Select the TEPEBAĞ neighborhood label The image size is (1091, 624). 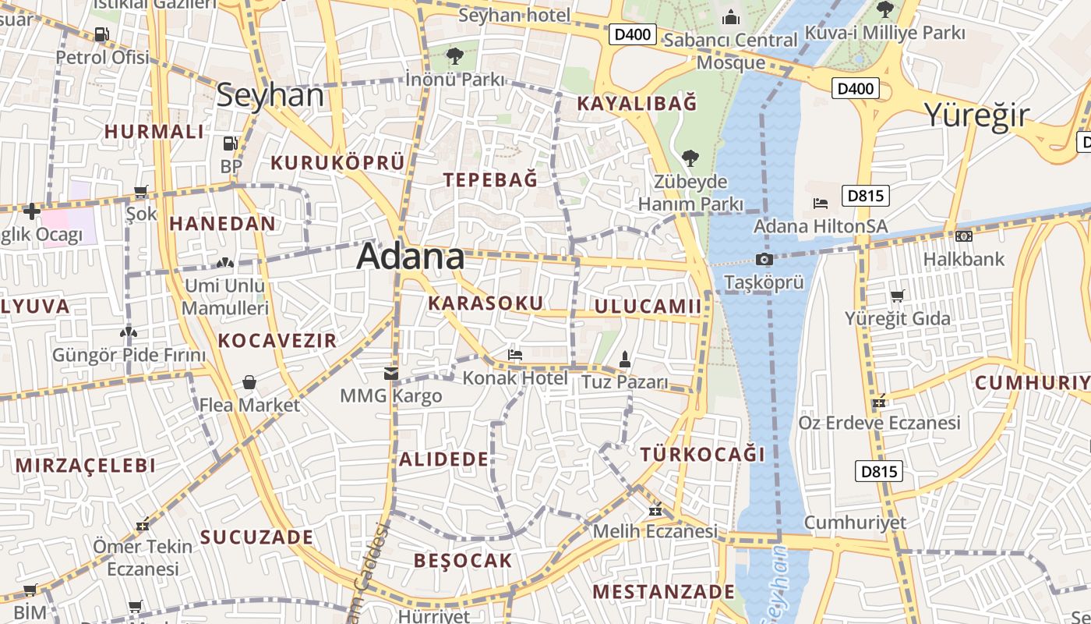tap(490, 179)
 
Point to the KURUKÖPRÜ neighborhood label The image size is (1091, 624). tap(337, 162)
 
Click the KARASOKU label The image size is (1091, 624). tap(485, 303)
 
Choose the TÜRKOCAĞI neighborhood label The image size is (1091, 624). tap(702, 454)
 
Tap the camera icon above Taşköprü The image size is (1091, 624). tap(764, 259)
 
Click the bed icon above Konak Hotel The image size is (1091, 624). tap(515, 355)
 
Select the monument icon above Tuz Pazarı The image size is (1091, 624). tap(624, 360)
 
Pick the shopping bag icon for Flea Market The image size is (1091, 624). tap(249, 382)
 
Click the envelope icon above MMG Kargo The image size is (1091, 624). tap(391, 374)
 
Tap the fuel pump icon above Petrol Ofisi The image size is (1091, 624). tap(101, 34)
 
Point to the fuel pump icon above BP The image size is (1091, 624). tap(230, 144)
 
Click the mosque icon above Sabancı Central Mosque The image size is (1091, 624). tap(731, 16)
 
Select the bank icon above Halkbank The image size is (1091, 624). tap(964, 236)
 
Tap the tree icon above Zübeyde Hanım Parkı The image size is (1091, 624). tap(690, 158)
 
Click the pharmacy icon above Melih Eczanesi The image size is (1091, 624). tap(655, 510)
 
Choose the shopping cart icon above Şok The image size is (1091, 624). tap(141, 191)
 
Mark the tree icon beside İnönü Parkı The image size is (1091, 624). tap(454, 56)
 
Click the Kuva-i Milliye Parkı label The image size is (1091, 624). tap(884, 33)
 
